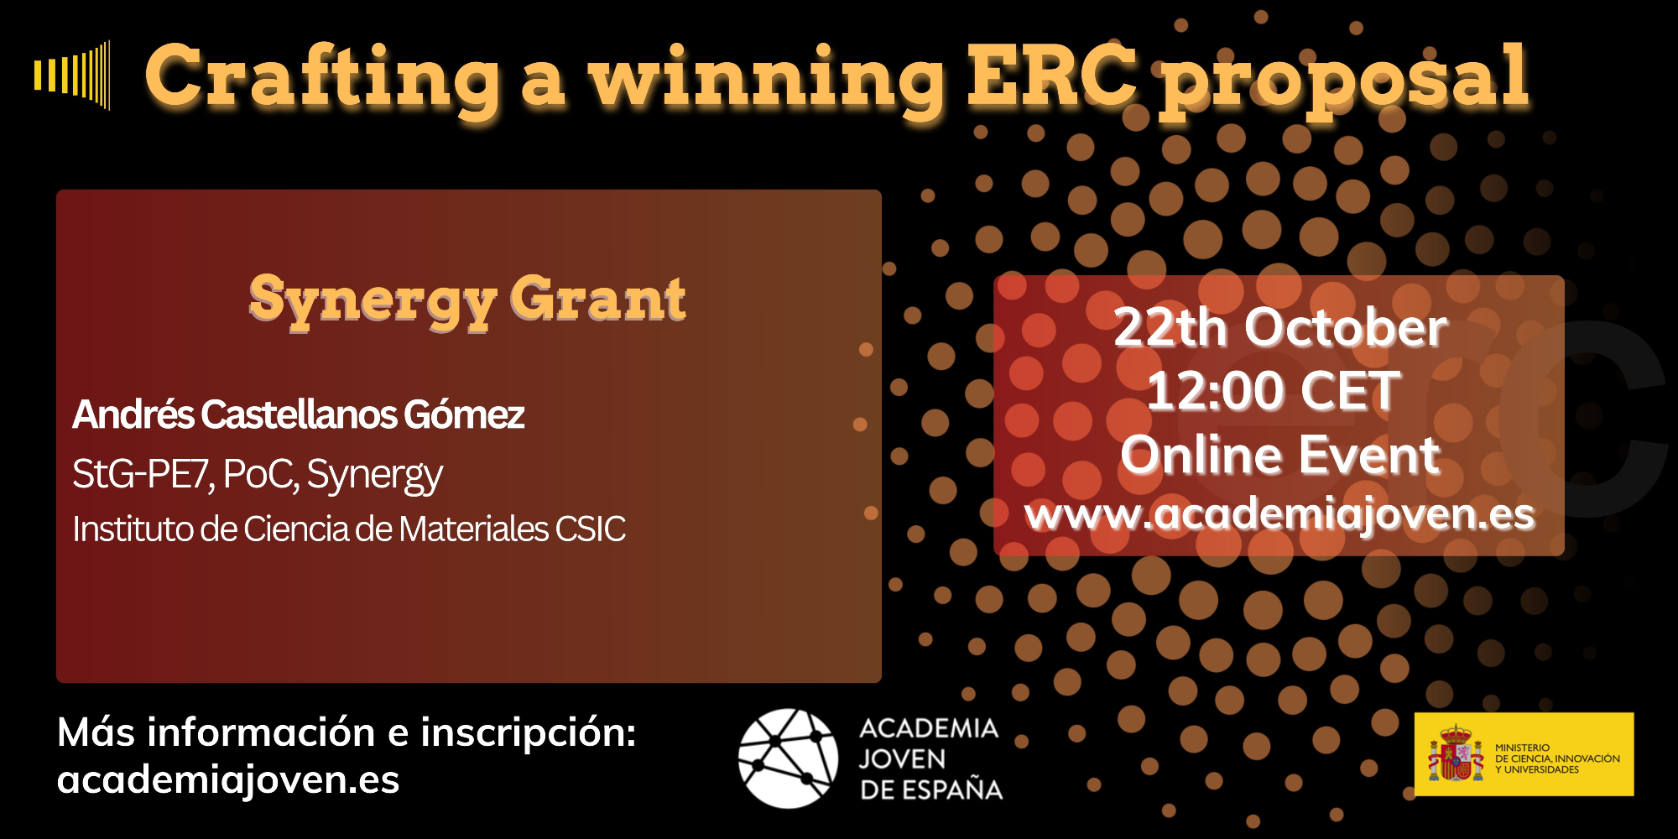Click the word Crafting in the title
(x=323, y=79)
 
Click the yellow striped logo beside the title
(x=72, y=75)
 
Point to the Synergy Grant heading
(x=467, y=300)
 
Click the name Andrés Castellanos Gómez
(x=299, y=414)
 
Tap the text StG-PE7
(x=143, y=474)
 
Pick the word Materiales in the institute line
(x=473, y=529)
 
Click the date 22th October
(x=1280, y=327)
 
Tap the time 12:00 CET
(x=1274, y=391)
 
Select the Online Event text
(x=1280, y=456)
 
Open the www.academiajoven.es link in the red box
(x=1279, y=514)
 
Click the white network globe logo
(x=788, y=758)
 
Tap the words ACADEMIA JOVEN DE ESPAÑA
(x=930, y=758)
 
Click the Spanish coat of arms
(x=1456, y=753)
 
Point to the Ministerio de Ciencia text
(x=1557, y=758)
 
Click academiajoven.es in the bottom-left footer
(x=228, y=780)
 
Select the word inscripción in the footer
(x=529, y=733)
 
